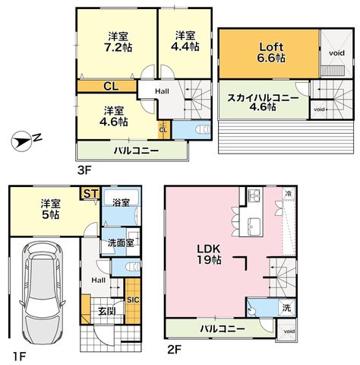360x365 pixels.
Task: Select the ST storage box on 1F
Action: click(x=90, y=194)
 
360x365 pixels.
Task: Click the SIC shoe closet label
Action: click(x=133, y=300)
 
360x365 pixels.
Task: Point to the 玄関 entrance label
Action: click(x=107, y=312)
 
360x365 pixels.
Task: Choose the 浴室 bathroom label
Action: click(x=121, y=202)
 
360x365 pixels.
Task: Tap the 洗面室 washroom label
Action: click(x=121, y=243)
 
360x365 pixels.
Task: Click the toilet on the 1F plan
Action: click(x=133, y=267)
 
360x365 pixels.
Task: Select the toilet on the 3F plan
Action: click(x=203, y=130)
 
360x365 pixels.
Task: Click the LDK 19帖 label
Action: click(x=209, y=255)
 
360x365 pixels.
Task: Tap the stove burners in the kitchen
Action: click(x=254, y=195)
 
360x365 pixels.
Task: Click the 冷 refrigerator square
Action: click(x=289, y=194)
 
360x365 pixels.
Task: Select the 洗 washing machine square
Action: click(x=287, y=308)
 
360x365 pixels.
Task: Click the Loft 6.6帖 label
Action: click(x=271, y=52)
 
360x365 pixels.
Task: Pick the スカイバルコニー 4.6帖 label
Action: click(x=263, y=103)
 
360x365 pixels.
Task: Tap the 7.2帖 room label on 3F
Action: click(x=118, y=42)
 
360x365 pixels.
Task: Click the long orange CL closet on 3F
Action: click(x=107, y=87)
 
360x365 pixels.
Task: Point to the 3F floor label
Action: click(x=84, y=170)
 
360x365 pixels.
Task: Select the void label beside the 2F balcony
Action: click(x=289, y=332)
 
